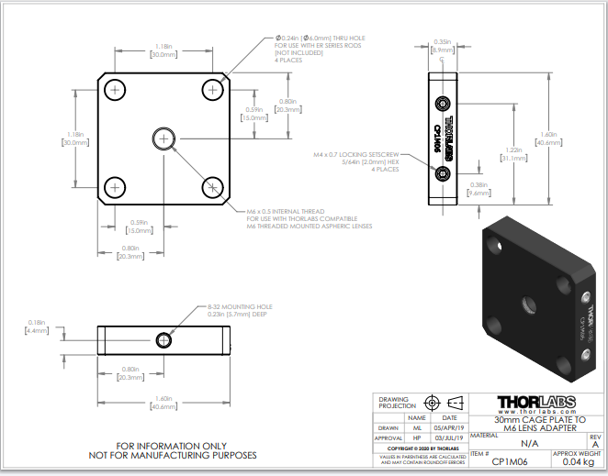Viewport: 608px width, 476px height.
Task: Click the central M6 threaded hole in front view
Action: click(163, 138)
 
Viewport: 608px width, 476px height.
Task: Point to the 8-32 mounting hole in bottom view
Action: click(164, 339)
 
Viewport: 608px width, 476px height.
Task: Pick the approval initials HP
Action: click(416, 438)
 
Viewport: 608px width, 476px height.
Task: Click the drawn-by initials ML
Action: click(416, 427)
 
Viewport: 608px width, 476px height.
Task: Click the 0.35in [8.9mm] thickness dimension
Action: click(443, 46)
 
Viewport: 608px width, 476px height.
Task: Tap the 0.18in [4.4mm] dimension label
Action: click(36, 326)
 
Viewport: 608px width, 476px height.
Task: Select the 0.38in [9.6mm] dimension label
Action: click(479, 189)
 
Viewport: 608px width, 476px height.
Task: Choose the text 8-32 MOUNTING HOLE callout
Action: click(242, 306)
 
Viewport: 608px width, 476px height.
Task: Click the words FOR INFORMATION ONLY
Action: click(172, 445)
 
